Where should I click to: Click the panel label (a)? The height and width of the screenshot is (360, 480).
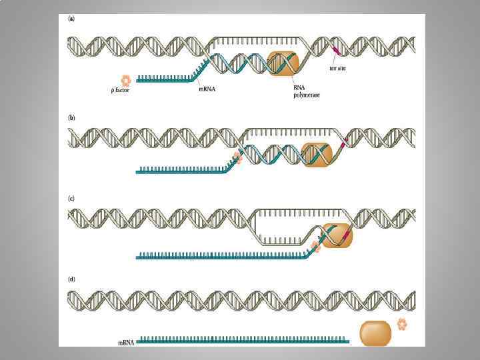pos(71,19)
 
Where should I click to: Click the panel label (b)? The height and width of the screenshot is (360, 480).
pos(71,117)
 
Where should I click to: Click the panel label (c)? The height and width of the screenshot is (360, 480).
pos(71,197)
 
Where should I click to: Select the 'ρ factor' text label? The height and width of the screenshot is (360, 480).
pos(119,90)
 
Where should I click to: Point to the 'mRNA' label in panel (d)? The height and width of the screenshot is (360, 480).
pos(125,342)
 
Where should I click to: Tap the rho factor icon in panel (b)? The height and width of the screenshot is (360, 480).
pos(236,159)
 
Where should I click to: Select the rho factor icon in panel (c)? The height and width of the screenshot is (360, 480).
pos(315,246)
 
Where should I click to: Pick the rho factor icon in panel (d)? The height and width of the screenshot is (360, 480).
pos(402,324)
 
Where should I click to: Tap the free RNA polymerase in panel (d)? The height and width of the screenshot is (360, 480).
pos(375,333)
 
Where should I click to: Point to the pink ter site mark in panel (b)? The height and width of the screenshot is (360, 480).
pos(344,142)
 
